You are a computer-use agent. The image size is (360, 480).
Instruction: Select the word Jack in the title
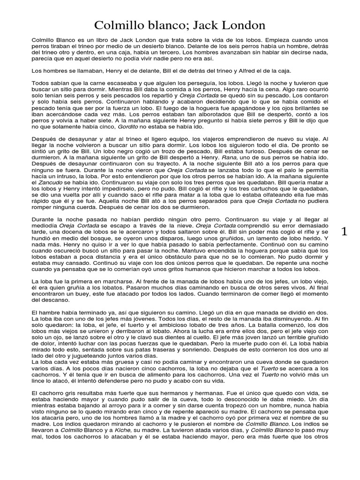(204, 24)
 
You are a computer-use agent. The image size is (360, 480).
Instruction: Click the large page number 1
(345, 231)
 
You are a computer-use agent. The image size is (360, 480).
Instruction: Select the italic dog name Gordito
(129, 126)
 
